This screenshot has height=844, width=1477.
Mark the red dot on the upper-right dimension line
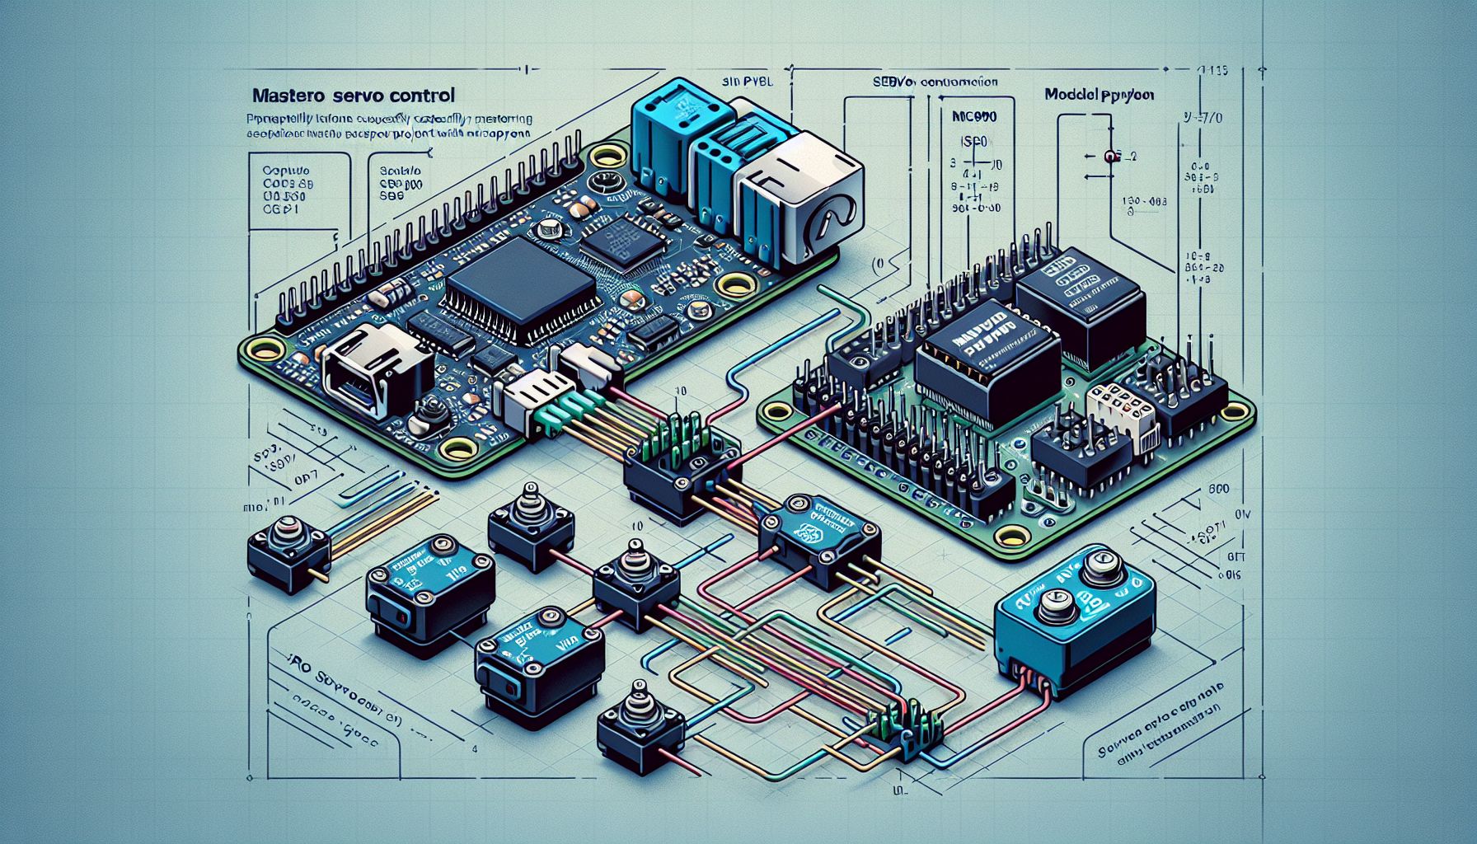pos(1109,156)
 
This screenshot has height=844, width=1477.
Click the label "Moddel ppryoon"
pos(1099,95)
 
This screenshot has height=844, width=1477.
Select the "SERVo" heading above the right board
pos(935,82)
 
